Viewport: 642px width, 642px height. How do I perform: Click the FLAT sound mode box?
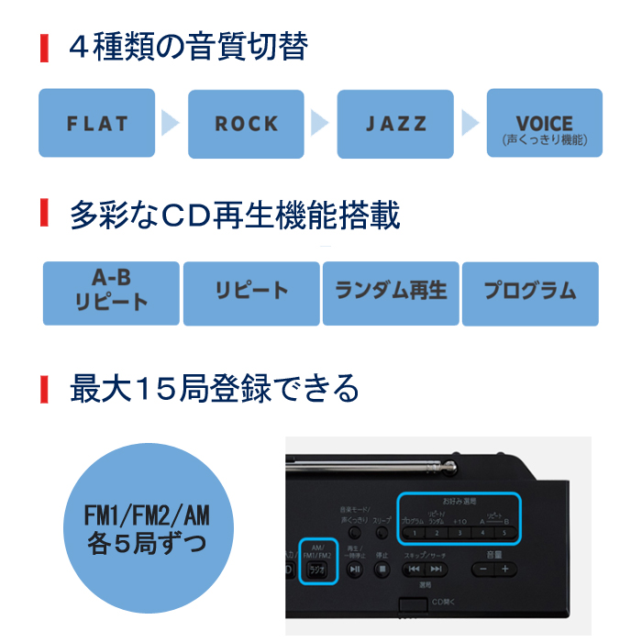coord(96,123)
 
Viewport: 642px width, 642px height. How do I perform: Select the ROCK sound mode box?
coord(245,123)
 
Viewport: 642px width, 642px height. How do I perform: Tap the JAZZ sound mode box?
coord(395,123)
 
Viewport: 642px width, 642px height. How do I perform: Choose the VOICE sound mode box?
coord(544,123)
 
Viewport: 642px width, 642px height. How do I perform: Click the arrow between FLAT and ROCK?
coord(171,123)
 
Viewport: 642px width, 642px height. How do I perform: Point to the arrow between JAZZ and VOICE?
coord(470,123)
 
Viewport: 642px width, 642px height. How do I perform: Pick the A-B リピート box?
coord(111,293)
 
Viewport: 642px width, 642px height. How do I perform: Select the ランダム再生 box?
coord(390,293)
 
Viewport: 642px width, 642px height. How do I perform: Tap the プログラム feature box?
coord(530,293)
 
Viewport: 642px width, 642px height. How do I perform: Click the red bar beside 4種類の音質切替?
coord(43,47)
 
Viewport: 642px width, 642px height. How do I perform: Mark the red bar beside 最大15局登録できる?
coord(43,389)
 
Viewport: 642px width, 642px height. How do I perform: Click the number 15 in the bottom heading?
coord(155,389)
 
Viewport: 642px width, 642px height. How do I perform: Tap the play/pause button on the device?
coord(355,569)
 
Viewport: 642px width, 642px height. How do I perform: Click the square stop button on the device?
coord(382,569)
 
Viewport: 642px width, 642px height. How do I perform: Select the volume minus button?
coord(483,569)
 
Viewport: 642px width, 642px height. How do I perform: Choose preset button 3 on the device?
coord(459,532)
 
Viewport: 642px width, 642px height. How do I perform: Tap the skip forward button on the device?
coord(437,569)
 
